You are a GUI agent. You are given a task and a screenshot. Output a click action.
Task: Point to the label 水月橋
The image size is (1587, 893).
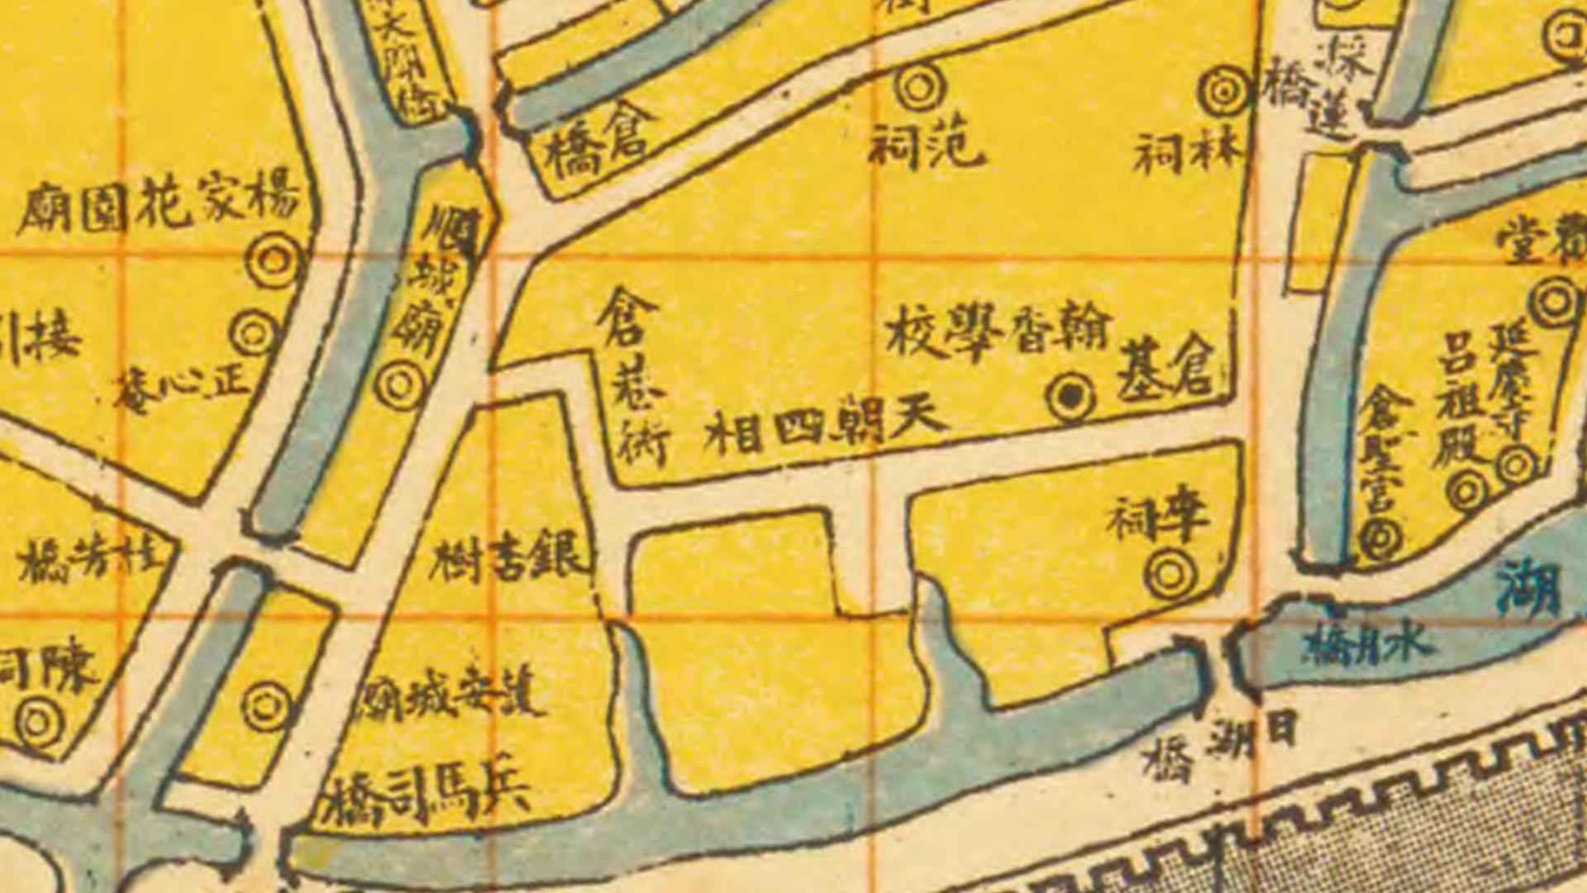click(1367, 645)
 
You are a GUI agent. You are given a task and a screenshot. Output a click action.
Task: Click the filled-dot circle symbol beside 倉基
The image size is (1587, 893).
click(1070, 398)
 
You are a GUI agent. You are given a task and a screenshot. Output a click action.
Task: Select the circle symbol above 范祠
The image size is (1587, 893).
click(920, 88)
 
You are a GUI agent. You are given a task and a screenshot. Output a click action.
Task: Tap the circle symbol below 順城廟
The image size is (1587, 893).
click(400, 385)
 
